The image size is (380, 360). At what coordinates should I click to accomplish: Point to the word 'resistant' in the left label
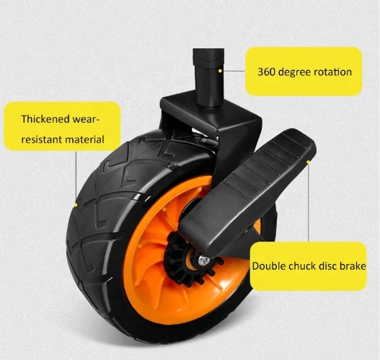(41, 140)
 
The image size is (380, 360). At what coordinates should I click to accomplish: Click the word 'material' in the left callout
(84, 140)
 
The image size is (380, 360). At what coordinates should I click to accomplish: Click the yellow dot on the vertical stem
(220, 71)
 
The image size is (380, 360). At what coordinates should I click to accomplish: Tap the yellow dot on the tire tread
(76, 205)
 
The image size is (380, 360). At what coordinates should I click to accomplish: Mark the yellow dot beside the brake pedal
(309, 162)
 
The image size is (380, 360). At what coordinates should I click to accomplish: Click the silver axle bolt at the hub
(204, 260)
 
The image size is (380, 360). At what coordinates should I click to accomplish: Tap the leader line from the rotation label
(233, 71)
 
